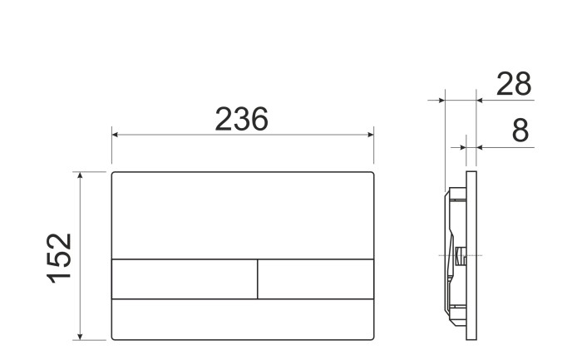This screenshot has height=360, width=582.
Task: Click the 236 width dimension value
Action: click(241, 120)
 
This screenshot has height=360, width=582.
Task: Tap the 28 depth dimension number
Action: click(513, 84)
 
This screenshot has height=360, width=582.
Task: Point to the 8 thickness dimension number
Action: click(520, 131)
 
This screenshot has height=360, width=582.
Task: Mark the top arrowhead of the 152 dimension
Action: click(81, 176)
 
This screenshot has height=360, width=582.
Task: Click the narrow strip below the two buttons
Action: click(243, 318)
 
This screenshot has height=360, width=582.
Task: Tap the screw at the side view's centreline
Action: click(460, 254)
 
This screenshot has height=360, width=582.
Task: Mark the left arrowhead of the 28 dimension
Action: click(442, 101)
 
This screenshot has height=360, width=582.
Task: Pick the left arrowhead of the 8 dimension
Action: click(463, 147)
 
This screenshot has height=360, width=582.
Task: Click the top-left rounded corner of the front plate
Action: click(114, 175)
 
